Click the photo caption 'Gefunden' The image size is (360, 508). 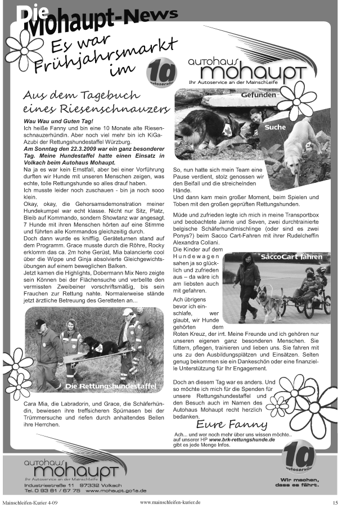point(259,95)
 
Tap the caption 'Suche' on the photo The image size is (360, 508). point(275,127)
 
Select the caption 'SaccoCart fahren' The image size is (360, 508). point(291,257)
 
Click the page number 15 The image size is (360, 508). point(335,502)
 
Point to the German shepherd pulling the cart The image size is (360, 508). point(268,301)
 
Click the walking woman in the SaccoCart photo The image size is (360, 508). point(245,286)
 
